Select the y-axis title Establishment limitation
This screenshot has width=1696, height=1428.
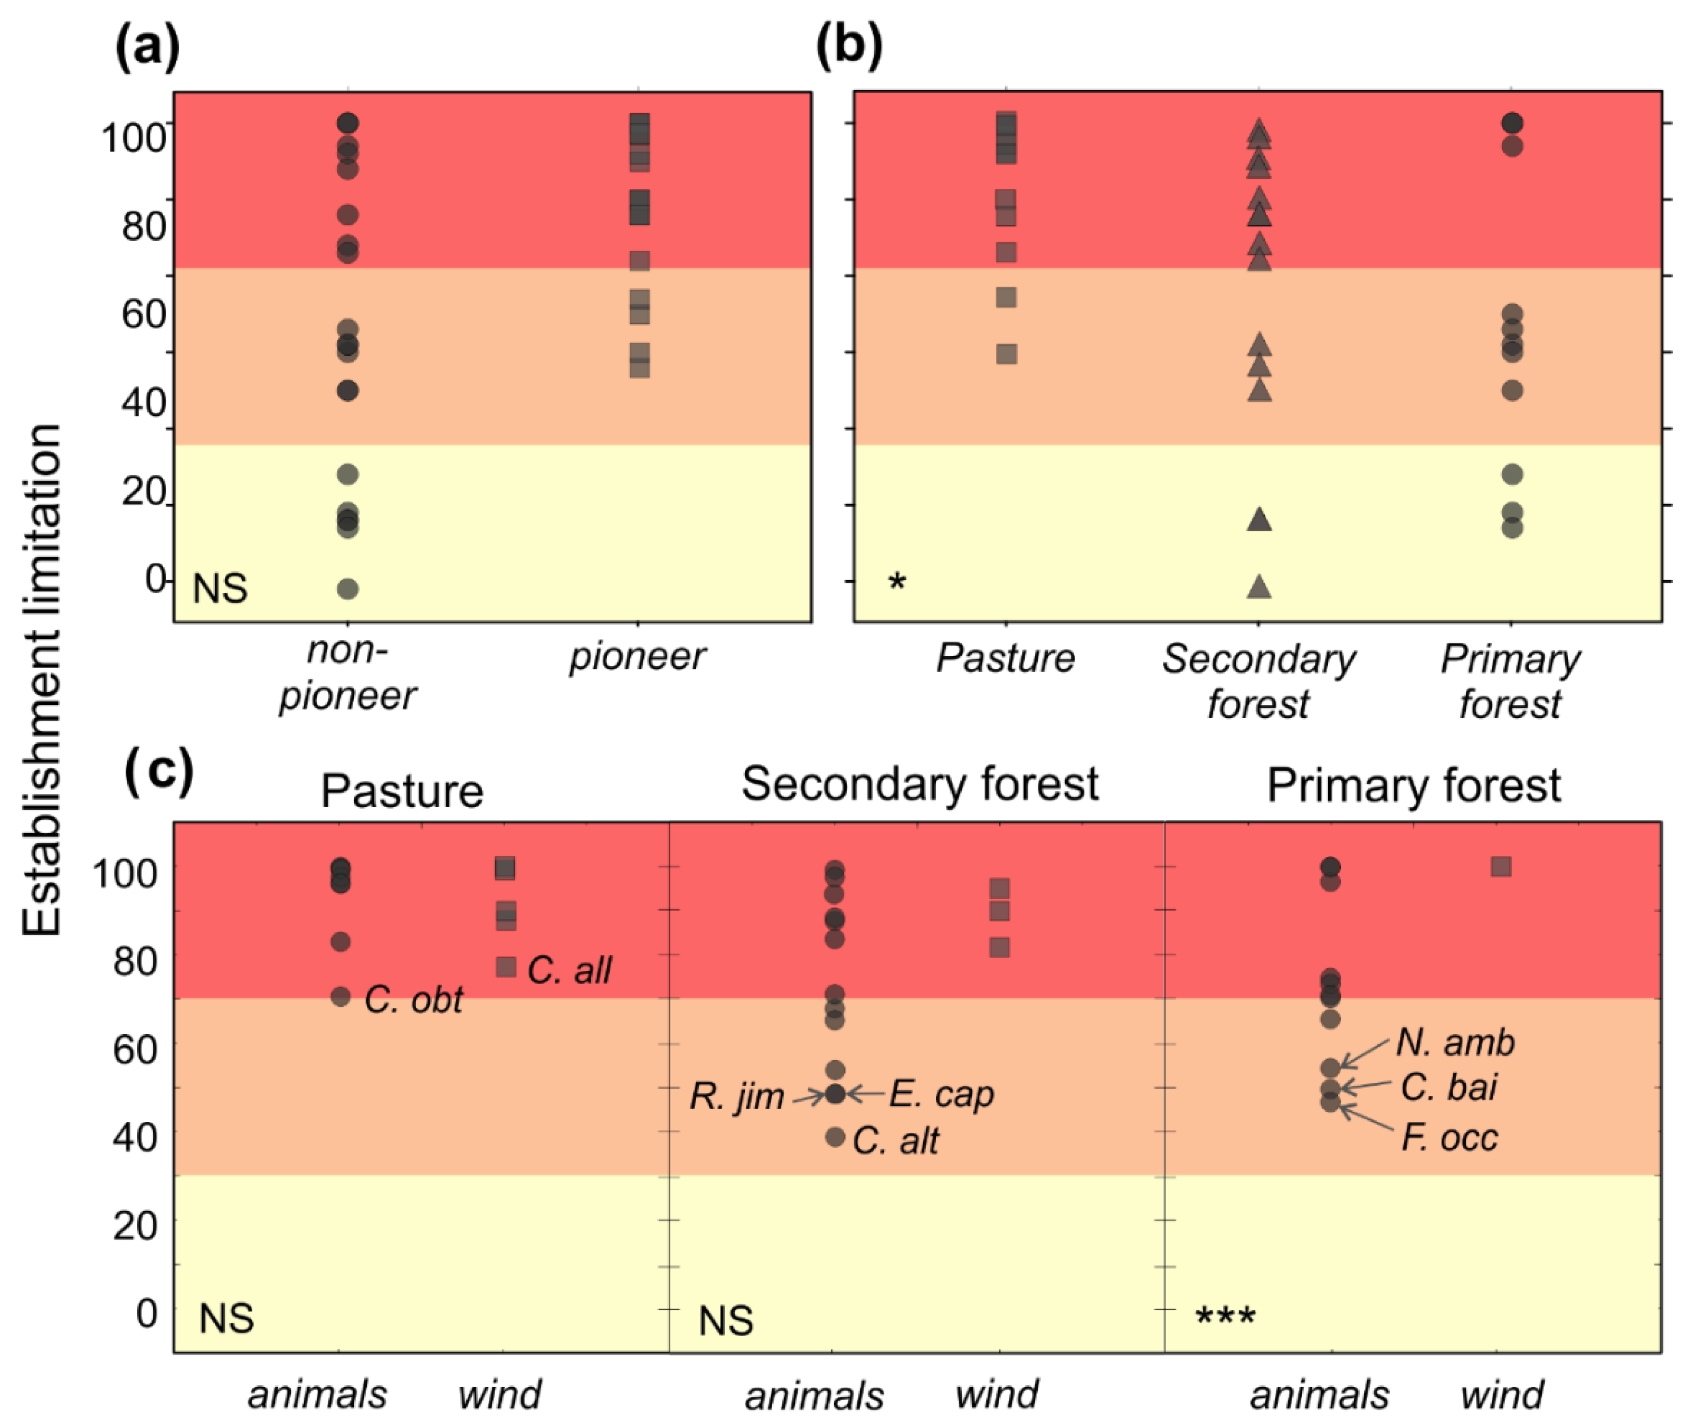click(x=41, y=680)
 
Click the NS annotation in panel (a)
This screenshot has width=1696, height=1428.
click(x=220, y=589)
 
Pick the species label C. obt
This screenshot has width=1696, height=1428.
click(x=413, y=1000)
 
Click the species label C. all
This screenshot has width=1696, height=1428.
click(x=569, y=970)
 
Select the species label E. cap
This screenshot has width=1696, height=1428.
click(x=941, y=1094)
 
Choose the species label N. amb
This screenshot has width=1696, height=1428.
click(x=1455, y=1043)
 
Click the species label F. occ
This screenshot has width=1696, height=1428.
click(x=1449, y=1137)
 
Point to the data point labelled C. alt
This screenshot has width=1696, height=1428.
click(x=835, y=1137)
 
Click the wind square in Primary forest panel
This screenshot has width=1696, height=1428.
click(x=1501, y=867)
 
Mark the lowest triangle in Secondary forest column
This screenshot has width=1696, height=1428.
click(x=1259, y=587)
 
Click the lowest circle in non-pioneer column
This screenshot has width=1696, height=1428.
click(x=347, y=589)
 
